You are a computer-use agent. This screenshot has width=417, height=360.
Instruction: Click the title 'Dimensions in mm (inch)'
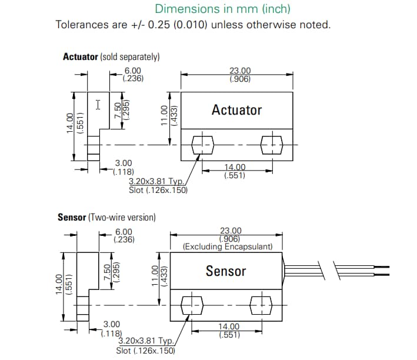coord(222,9)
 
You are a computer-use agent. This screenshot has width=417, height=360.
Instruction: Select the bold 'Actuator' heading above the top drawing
coord(80,57)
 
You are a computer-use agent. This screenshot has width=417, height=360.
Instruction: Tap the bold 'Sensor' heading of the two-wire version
coord(72,217)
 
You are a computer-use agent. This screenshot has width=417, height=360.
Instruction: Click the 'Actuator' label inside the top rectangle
coord(236,110)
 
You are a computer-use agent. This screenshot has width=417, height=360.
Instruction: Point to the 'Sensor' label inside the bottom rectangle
coord(226,271)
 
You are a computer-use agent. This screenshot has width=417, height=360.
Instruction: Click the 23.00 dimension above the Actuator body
coord(239,71)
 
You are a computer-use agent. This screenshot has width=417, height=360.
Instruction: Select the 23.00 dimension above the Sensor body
coord(230,231)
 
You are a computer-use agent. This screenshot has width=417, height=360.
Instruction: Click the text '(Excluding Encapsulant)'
coord(228,246)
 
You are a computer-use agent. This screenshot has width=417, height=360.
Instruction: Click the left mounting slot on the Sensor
coord(192,305)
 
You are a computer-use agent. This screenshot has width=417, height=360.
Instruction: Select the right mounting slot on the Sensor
coord(262,305)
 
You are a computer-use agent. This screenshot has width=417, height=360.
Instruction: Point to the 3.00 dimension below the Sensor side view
coord(112,324)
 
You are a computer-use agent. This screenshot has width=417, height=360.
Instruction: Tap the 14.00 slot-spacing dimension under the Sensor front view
coord(229,326)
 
